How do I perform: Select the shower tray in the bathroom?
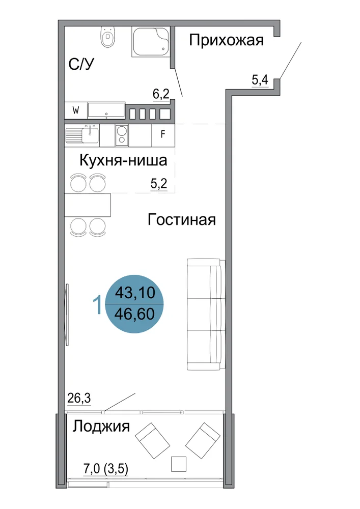[151, 42]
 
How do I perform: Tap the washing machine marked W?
[76, 110]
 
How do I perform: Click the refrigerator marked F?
[163, 134]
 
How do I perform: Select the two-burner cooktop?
[122, 135]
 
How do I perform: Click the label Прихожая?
[226, 41]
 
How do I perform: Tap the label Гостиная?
[181, 220]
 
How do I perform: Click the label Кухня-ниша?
[123, 160]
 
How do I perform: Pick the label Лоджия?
[101, 426]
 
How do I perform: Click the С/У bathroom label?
[81, 64]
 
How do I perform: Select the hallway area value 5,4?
[260, 79]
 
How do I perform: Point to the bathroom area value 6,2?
[161, 95]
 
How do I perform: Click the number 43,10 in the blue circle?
[135, 293]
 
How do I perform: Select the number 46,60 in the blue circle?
[134, 314]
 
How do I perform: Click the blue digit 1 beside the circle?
[97, 305]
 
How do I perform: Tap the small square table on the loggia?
[179, 464]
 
